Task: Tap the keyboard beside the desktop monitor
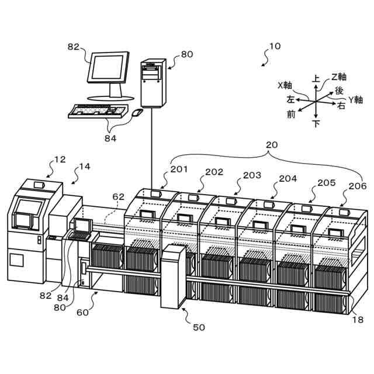tap(98, 110)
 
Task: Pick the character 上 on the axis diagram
tap(316, 78)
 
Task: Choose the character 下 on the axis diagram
tap(317, 123)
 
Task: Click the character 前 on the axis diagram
tap(291, 114)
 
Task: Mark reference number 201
tap(179, 169)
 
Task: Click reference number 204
tap(288, 179)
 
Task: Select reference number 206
tap(357, 186)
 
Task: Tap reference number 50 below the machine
tap(199, 327)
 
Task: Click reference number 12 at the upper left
tap(60, 159)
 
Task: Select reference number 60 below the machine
tap(82, 312)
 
